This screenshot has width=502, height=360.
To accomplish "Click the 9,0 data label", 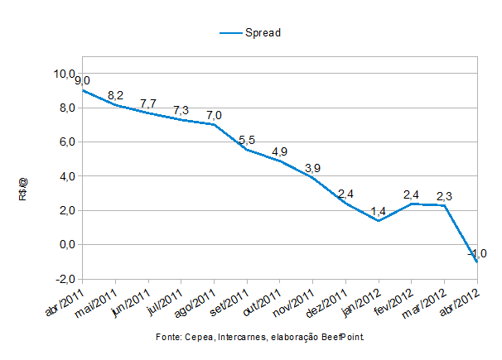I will [x=82, y=80].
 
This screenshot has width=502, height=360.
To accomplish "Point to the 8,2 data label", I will [x=117, y=95].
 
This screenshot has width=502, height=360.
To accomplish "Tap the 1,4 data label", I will [x=379, y=211].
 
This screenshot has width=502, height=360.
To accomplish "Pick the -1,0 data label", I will [x=477, y=253].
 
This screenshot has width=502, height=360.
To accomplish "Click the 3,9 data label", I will [x=313, y=168].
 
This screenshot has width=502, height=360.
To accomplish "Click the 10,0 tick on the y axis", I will [x=65, y=74].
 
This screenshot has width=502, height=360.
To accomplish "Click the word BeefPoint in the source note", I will [x=341, y=338].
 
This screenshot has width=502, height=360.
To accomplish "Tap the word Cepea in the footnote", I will [x=198, y=338].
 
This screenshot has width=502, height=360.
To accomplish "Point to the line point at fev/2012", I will [x=411, y=204].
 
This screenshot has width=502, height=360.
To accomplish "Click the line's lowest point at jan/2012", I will [x=378, y=221].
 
